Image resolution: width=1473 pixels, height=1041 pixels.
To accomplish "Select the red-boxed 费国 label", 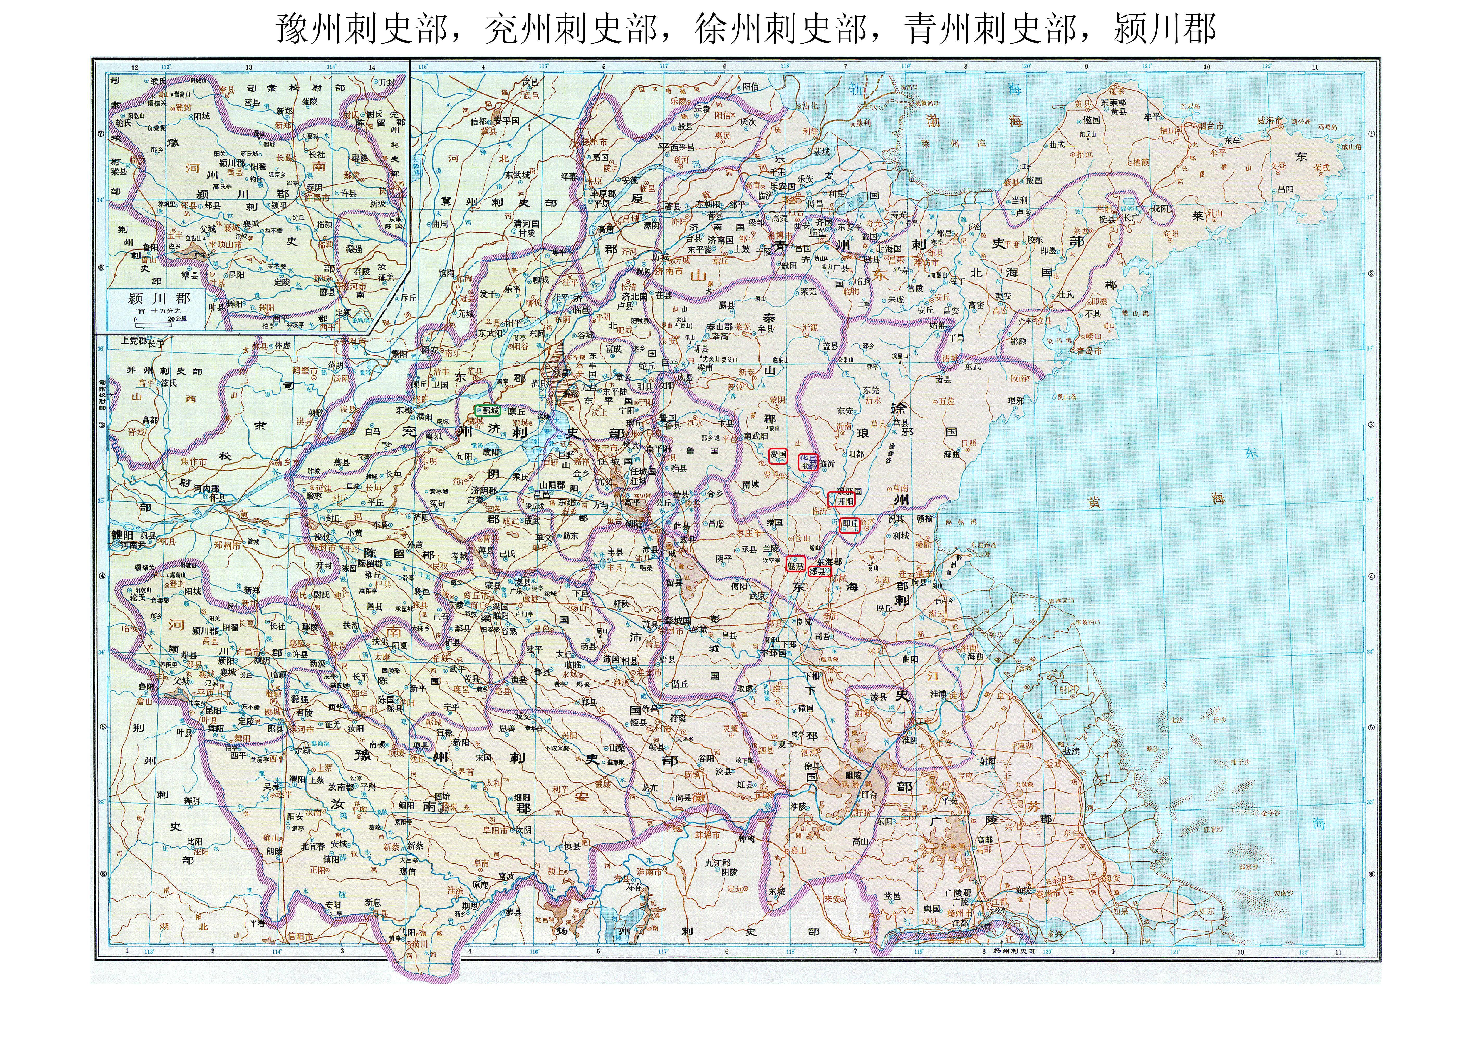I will [x=778, y=455].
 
